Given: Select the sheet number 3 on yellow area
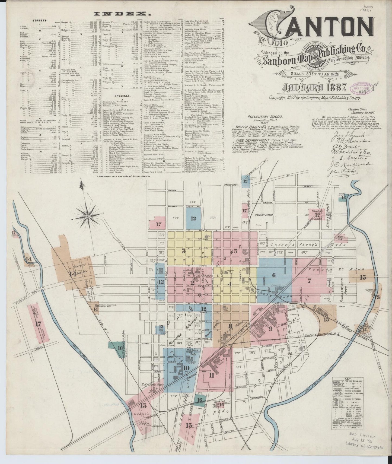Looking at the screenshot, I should coord(184,251).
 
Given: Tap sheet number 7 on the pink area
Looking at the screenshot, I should coord(309,281).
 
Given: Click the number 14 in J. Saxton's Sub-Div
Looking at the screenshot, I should coord(72,274).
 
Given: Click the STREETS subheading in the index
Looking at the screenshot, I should coord(39,20).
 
